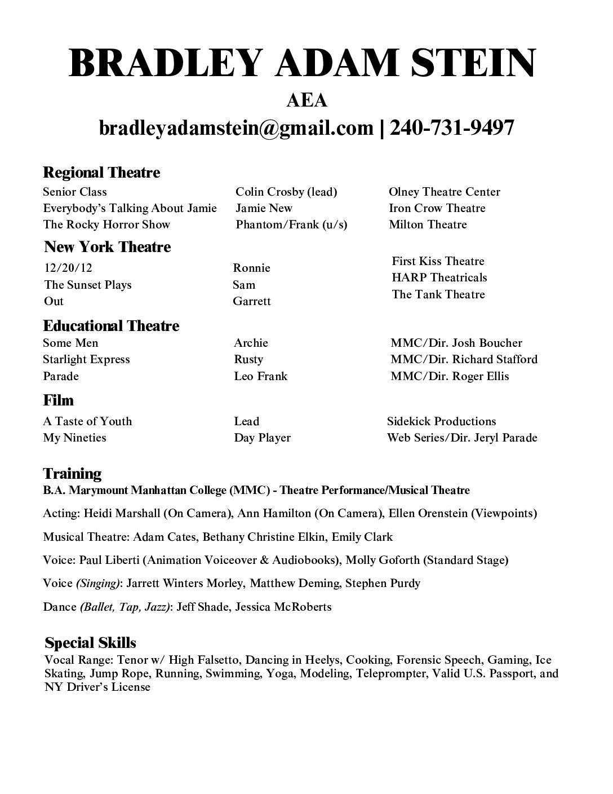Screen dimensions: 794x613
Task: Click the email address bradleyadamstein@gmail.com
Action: [x=236, y=128]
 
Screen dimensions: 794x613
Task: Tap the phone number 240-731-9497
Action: [x=452, y=128]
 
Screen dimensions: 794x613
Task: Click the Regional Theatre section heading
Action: [x=101, y=173]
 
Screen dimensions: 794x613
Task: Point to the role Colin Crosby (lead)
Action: [x=286, y=192]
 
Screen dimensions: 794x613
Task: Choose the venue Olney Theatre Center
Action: [x=444, y=192]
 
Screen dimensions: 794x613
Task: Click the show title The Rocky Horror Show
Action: [x=106, y=224]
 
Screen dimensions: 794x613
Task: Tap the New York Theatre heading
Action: [x=107, y=247]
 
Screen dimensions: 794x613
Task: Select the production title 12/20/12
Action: [x=66, y=268]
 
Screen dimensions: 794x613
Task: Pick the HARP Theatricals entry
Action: [x=439, y=277]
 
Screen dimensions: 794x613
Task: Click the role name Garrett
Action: [x=251, y=301]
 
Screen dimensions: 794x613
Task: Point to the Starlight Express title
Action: [x=86, y=359]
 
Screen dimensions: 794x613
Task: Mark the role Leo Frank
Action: [x=260, y=376]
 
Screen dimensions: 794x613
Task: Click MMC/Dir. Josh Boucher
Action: [x=456, y=343]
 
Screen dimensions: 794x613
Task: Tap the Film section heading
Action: [x=59, y=400]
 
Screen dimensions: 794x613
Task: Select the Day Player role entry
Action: [x=262, y=438]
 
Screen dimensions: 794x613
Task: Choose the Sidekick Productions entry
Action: [x=441, y=421]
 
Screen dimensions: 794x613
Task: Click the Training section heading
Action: [x=72, y=473]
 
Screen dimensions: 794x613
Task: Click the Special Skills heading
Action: [x=90, y=643]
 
